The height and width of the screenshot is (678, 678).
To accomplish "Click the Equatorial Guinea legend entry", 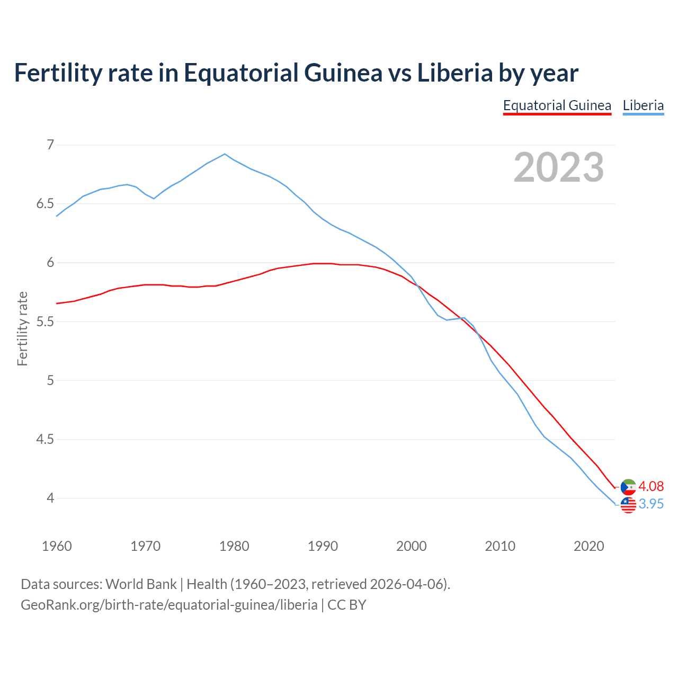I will coord(557,105).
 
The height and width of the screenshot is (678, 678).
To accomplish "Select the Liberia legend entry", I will coord(643,105).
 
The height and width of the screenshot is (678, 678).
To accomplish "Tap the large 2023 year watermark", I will coord(558,167).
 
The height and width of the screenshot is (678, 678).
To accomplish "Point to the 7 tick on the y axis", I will coord(50,145).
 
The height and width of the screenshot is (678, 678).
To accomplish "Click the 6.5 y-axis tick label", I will coord(46,204).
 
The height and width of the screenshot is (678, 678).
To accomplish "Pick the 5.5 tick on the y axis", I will coord(46,322).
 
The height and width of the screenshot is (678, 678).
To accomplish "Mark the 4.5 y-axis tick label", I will coord(46,439).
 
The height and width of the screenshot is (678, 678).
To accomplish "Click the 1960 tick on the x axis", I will coord(57,546).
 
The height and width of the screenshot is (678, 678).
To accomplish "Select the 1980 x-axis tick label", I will coord(234,546).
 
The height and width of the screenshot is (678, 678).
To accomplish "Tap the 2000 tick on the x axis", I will coord(411,546).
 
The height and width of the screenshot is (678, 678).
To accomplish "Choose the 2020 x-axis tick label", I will coord(588,546).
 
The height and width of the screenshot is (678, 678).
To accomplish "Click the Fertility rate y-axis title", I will coord(22,328).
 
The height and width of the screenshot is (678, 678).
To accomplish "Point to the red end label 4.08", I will coord(651,486).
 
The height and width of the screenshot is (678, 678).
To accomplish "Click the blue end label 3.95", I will coord(651,504).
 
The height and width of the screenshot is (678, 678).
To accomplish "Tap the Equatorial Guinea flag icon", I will coord(628,486).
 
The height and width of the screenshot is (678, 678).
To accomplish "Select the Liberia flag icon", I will coord(628,505).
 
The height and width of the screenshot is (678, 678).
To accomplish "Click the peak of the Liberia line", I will coord(225,154).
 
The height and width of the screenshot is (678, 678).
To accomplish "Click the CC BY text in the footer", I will coord(347,605).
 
